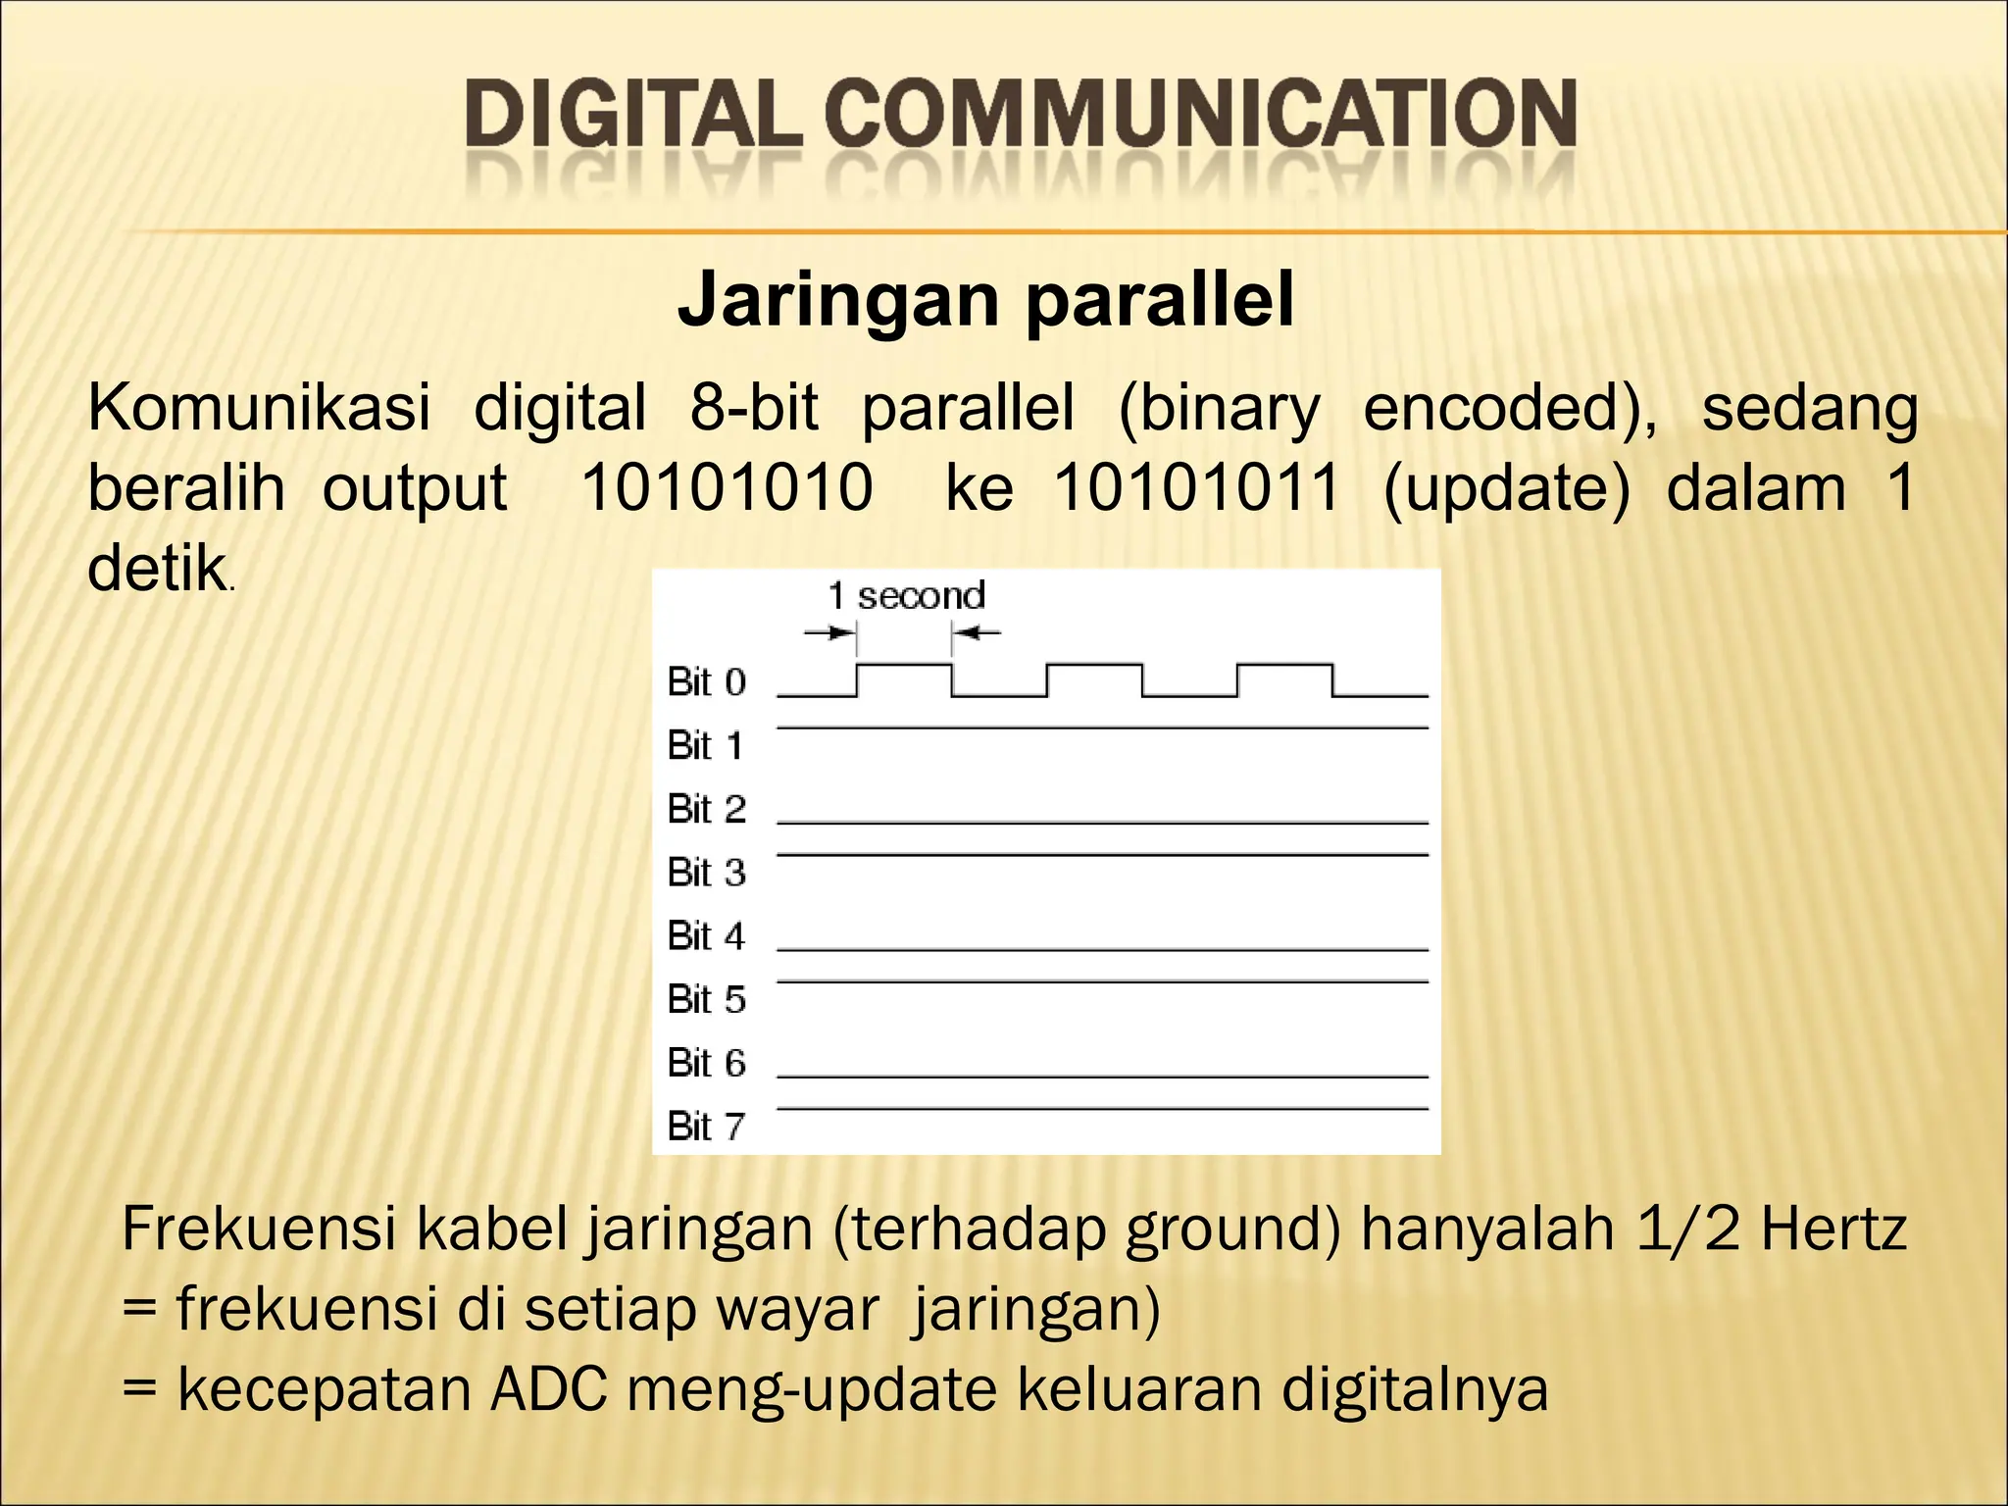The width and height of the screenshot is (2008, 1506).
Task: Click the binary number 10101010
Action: (x=727, y=487)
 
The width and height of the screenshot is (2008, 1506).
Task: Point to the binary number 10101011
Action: (x=1197, y=487)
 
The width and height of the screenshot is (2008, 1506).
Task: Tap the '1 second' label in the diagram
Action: (x=906, y=595)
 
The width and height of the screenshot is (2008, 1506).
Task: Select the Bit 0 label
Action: (x=706, y=681)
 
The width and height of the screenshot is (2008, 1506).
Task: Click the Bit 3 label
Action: (x=706, y=872)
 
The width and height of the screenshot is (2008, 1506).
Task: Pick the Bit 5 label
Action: (x=706, y=999)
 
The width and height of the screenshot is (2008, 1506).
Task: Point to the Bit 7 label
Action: (x=706, y=1127)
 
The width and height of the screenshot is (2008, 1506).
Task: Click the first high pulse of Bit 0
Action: (x=904, y=667)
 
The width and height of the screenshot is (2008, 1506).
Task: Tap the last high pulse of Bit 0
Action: (x=1284, y=667)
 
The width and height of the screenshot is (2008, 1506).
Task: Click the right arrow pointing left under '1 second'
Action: (x=977, y=633)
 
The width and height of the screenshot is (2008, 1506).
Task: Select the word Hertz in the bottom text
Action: (x=1832, y=1229)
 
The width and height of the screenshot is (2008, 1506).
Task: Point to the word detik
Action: (x=157, y=568)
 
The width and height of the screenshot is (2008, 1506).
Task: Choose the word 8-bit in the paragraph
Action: (x=754, y=408)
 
